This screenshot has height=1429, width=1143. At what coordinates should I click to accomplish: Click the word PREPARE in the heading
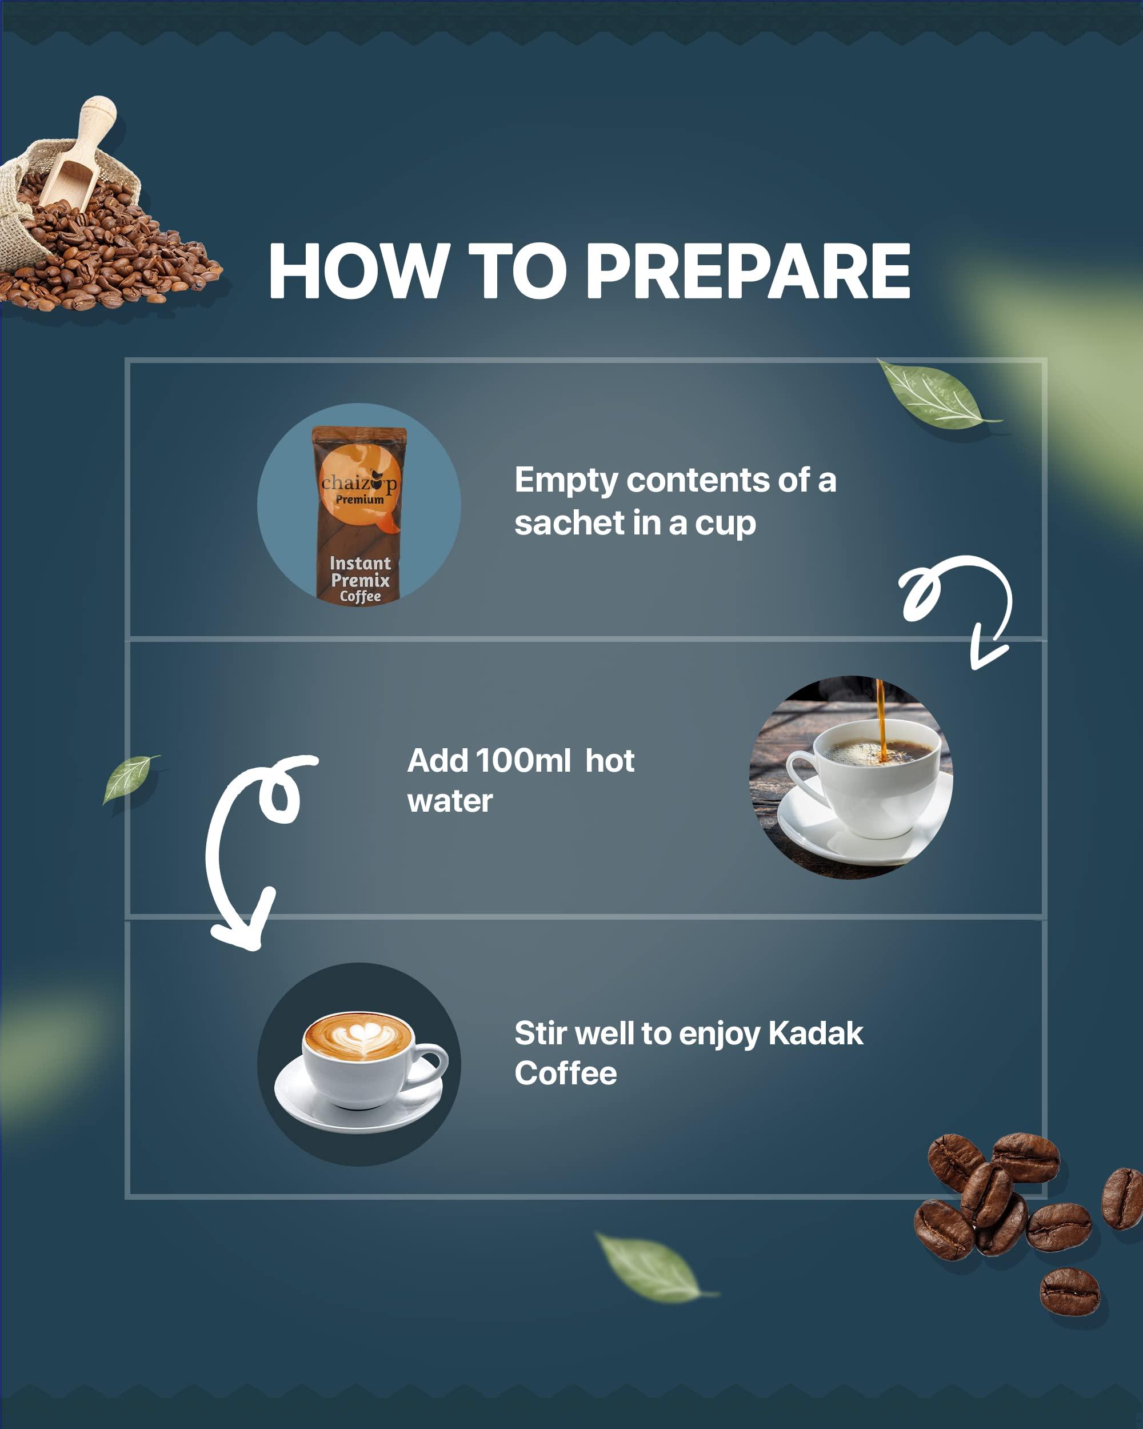tap(748, 271)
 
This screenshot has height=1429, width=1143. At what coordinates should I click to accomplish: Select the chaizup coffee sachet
tap(359, 514)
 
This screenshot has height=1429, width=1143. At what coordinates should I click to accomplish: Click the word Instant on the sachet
tap(360, 564)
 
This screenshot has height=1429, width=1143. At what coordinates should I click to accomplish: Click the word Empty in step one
tap(566, 480)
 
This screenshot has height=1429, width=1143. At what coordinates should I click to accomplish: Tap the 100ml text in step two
tap(523, 760)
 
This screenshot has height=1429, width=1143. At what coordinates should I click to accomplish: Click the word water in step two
tap(450, 801)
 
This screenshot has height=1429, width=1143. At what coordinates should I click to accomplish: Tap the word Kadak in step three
tap(815, 1033)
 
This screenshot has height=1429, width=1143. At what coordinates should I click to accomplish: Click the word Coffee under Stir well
tap(565, 1073)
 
